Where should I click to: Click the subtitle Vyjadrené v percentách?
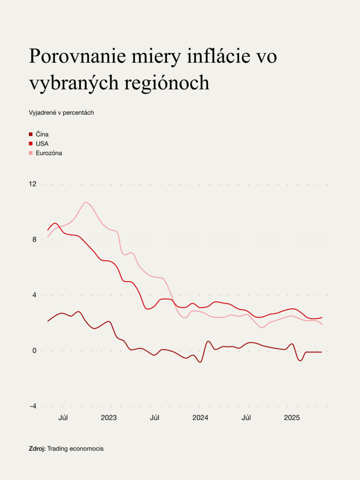coord(61,112)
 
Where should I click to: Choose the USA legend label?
coord(42,143)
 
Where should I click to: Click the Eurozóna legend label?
coord(49,153)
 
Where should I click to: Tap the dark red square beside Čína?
coord(31,135)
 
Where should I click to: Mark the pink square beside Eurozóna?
coord(31,153)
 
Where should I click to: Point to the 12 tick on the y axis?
coord(32,184)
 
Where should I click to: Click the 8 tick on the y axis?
coord(34,240)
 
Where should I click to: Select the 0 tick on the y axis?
coord(34,351)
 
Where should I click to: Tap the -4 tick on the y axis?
coord(33,406)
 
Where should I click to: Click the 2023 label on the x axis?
coord(109,418)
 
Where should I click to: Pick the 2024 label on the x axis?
coord(200,418)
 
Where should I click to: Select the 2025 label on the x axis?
coord(292,418)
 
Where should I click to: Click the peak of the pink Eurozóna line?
coord(85,202)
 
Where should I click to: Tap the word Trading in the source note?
coord(59,449)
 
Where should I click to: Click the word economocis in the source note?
coord(87,449)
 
